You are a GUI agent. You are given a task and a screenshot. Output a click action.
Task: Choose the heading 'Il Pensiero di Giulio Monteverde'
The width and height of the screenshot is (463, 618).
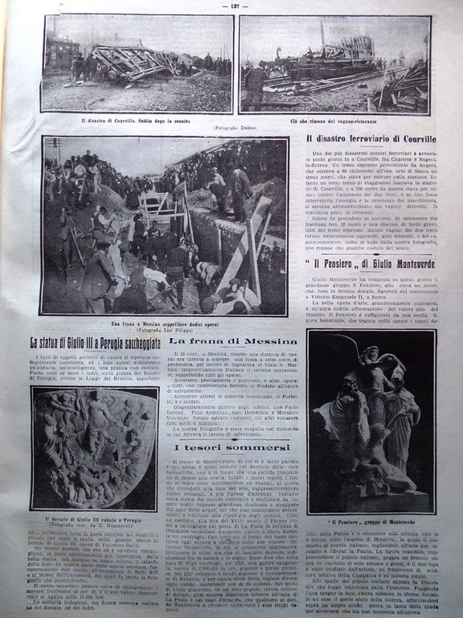(369, 262)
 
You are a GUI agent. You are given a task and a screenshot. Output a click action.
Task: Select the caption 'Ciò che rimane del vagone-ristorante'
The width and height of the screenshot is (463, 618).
(334, 119)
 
